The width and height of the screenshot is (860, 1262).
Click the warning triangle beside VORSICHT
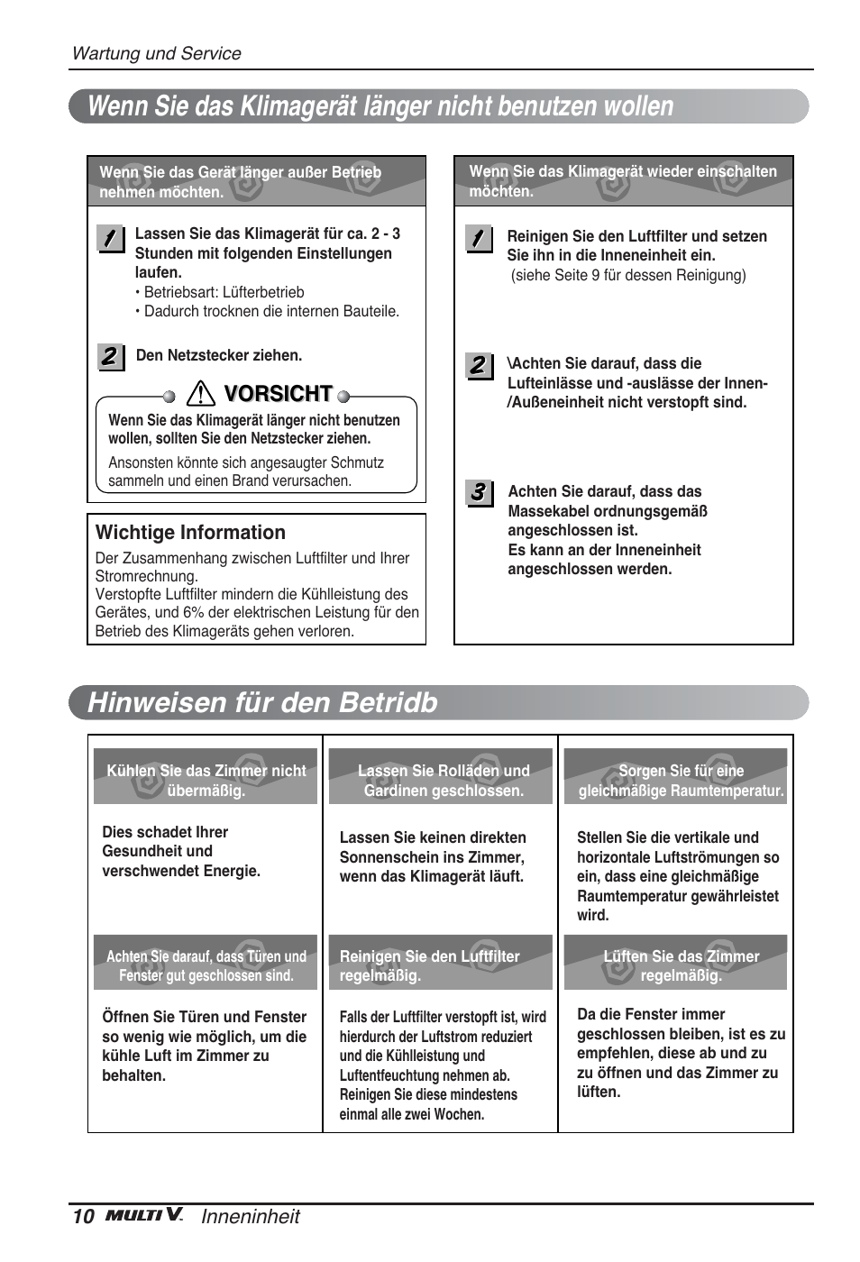(200, 394)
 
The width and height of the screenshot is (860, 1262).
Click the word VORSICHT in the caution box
(279, 394)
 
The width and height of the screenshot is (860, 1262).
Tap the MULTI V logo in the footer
(144, 1216)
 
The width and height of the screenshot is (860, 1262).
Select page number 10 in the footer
(82, 1216)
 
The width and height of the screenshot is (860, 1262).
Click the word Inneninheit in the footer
(251, 1216)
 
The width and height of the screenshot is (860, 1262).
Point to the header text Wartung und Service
(156, 53)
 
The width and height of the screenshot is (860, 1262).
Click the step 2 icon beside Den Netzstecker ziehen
(110, 357)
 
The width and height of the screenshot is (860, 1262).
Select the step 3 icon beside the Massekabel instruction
(479, 493)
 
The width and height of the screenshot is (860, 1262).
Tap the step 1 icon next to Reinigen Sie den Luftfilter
(479, 239)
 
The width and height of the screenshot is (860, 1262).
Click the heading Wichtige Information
(190, 533)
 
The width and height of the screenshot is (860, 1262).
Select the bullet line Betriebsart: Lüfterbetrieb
(224, 292)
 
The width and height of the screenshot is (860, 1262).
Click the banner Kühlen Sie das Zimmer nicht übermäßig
(206, 781)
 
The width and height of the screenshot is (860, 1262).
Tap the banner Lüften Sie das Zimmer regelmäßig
(681, 965)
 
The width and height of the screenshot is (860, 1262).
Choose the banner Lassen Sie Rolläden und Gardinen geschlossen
(443, 781)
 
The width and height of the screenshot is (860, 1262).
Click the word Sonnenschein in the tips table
(389, 857)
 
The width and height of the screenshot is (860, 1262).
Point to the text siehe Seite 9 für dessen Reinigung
(628, 276)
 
